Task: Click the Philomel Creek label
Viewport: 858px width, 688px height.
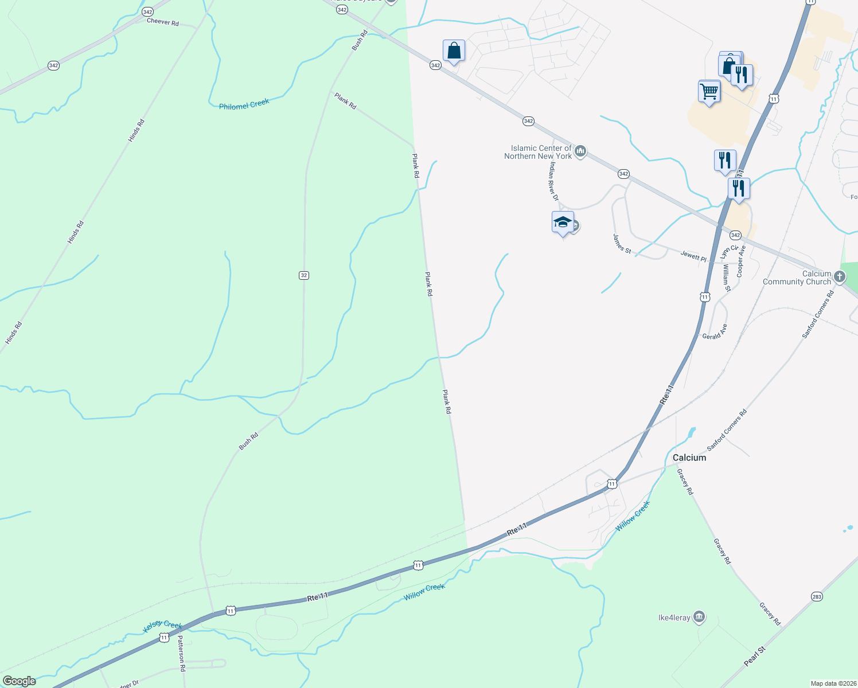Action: tap(244, 105)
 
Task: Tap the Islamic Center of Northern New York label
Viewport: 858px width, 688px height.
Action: tap(538, 152)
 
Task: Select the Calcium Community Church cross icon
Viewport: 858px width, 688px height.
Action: tap(839, 277)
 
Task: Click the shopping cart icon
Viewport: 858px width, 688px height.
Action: tap(709, 91)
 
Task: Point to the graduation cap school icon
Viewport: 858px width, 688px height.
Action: tap(563, 222)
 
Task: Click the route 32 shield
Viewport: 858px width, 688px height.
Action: tap(304, 275)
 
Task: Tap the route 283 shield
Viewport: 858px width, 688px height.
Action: tap(817, 597)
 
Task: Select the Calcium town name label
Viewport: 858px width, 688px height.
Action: tap(689, 458)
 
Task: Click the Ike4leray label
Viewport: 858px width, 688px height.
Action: tap(674, 617)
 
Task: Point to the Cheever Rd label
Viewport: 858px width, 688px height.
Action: tap(163, 22)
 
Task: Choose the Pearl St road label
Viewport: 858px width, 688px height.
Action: tap(754, 656)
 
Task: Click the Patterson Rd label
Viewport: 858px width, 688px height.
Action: tap(181, 653)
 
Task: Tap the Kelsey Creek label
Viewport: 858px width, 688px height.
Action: tap(162, 626)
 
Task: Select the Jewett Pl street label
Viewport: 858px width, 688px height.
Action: tap(693, 256)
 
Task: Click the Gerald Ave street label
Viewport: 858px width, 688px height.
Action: tap(715, 332)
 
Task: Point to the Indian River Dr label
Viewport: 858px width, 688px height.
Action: tap(553, 181)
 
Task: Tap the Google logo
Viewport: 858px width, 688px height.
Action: tap(19, 681)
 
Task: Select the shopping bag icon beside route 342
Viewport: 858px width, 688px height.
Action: tap(454, 50)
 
